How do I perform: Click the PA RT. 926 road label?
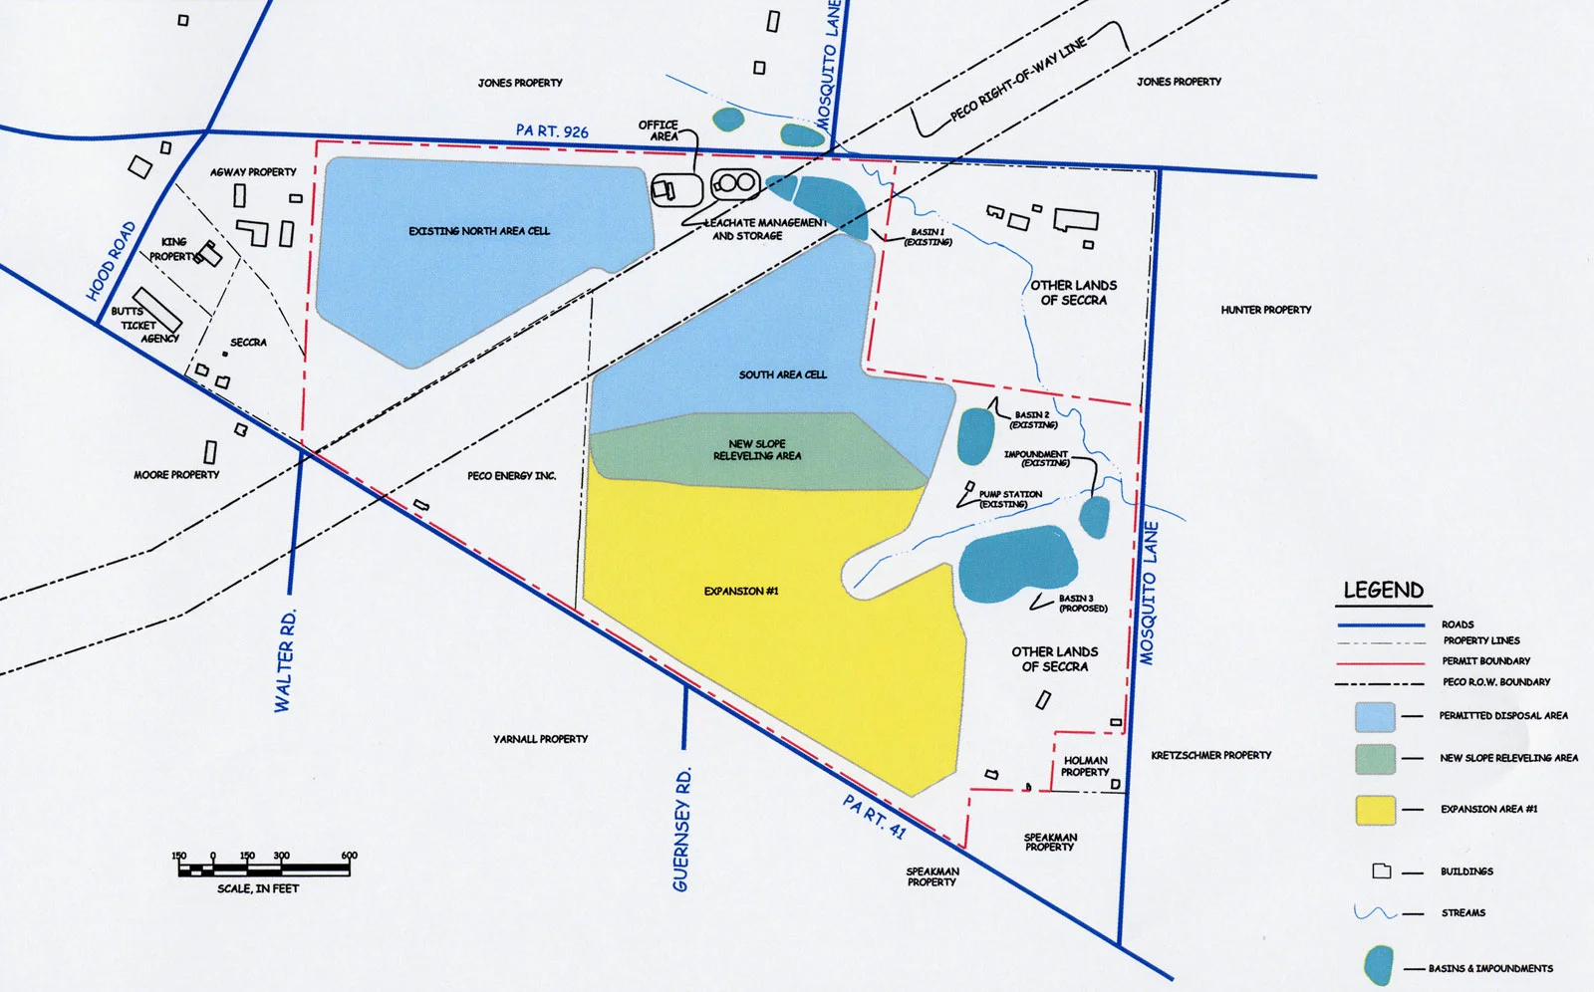click(x=552, y=130)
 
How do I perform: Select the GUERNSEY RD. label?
click(x=682, y=830)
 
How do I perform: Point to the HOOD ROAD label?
click(x=111, y=261)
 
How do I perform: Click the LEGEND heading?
click(x=1383, y=591)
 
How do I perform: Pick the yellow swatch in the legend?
click(x=1375, y=810)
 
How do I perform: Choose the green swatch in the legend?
click(x=1375, y=759)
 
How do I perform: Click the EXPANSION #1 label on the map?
click(x=741, y=592)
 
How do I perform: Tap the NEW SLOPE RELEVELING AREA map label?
click(x=757, y=450)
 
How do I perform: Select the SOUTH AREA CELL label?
click(x=783, y=374)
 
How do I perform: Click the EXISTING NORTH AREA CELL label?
click(x=479, y=231)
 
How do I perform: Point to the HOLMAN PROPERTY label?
click(x=1085, y=766)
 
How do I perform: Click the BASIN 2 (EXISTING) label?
click(x=1033, y=419)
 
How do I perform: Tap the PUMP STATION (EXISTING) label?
click(x=1009, y=499)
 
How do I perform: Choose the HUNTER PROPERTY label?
click(x=1266, y=310)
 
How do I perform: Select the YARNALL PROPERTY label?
click(x=540, y=739)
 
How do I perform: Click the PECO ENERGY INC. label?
click(x=512, y=476)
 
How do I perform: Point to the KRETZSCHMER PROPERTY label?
click(x=1211, y=755)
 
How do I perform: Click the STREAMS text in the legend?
click(x=1462, y=912)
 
